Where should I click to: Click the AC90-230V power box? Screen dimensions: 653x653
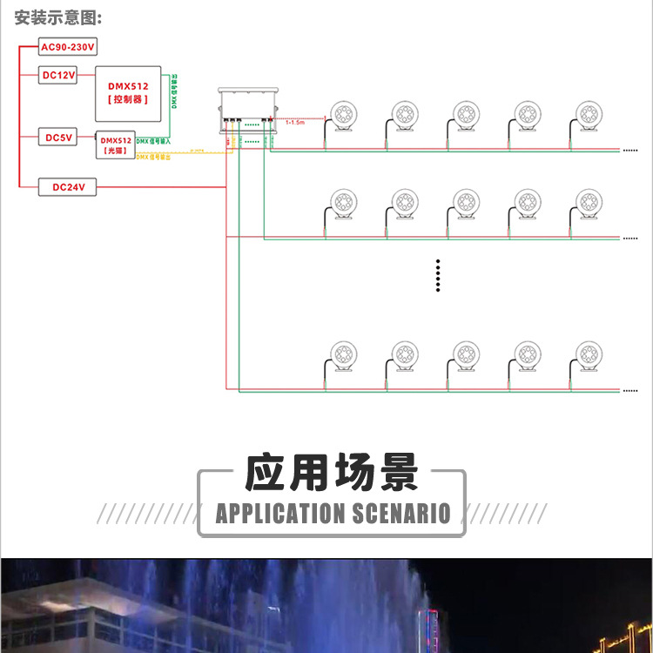[x=67, y=47]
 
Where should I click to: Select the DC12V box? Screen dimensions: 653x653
[x=59, y=75]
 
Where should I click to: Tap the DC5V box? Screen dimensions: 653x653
[x=59, y=138]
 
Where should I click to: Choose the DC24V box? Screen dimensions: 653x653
[x=67, y=186]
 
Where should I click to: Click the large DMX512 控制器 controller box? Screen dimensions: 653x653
[x=128, y=93]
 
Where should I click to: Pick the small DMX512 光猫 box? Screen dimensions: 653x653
[x=116, y=145]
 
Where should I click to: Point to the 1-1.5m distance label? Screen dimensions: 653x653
[x=296, y=123]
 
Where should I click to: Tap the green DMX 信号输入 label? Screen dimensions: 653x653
[x=153, y=140]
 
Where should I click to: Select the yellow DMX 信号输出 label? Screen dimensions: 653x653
[x=154, y=157]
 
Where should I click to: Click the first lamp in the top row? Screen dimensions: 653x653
[x=340, y=115]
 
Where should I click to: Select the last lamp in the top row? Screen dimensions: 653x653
[x=589, y=115]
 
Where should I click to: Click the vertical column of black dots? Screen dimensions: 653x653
[x=438, y=275]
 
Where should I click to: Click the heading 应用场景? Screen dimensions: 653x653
[x=332, y=474]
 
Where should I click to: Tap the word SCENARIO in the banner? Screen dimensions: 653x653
[x=401, y=513]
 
